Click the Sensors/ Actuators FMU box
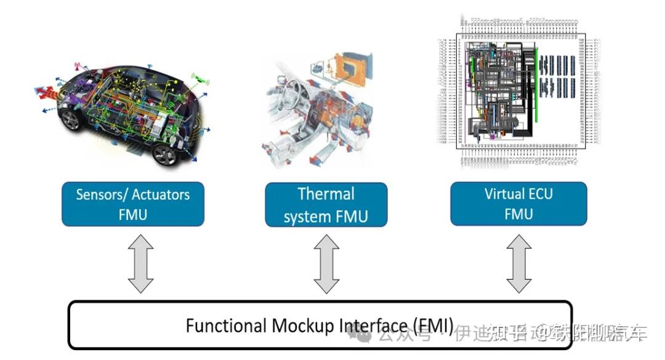click(x=132, y=204)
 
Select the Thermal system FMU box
click(x=326, y=204)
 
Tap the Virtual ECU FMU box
click(x=518, y=204)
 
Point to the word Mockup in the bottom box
click(x=300, y=325)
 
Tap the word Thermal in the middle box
click(x=326, y=194)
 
